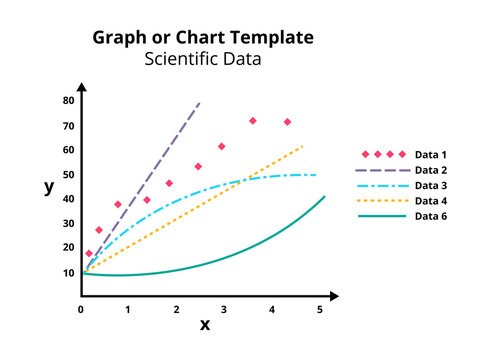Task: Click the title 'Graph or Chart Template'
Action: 203,38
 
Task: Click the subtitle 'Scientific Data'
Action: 203,59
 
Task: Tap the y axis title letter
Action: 49,187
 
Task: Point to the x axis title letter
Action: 205,324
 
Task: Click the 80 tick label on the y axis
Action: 69,101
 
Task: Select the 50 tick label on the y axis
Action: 69,174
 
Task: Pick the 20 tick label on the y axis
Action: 69,247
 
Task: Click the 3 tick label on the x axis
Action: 224,309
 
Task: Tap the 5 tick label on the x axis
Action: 320,309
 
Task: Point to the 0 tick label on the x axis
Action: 81,309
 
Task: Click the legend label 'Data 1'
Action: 431,155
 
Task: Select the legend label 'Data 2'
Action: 431,170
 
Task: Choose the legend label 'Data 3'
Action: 431,185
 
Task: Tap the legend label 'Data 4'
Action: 431,200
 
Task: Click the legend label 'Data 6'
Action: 431,216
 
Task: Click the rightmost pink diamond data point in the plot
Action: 288,122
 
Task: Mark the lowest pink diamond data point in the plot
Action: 89,254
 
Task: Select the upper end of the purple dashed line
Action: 200,102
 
